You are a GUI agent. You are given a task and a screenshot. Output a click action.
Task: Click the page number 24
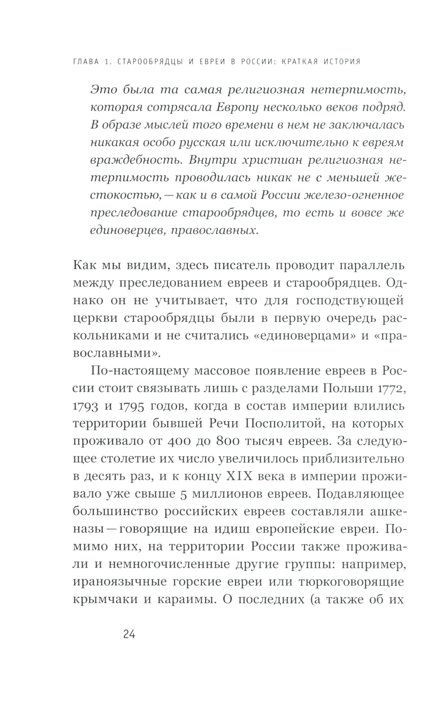pos(129,634)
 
